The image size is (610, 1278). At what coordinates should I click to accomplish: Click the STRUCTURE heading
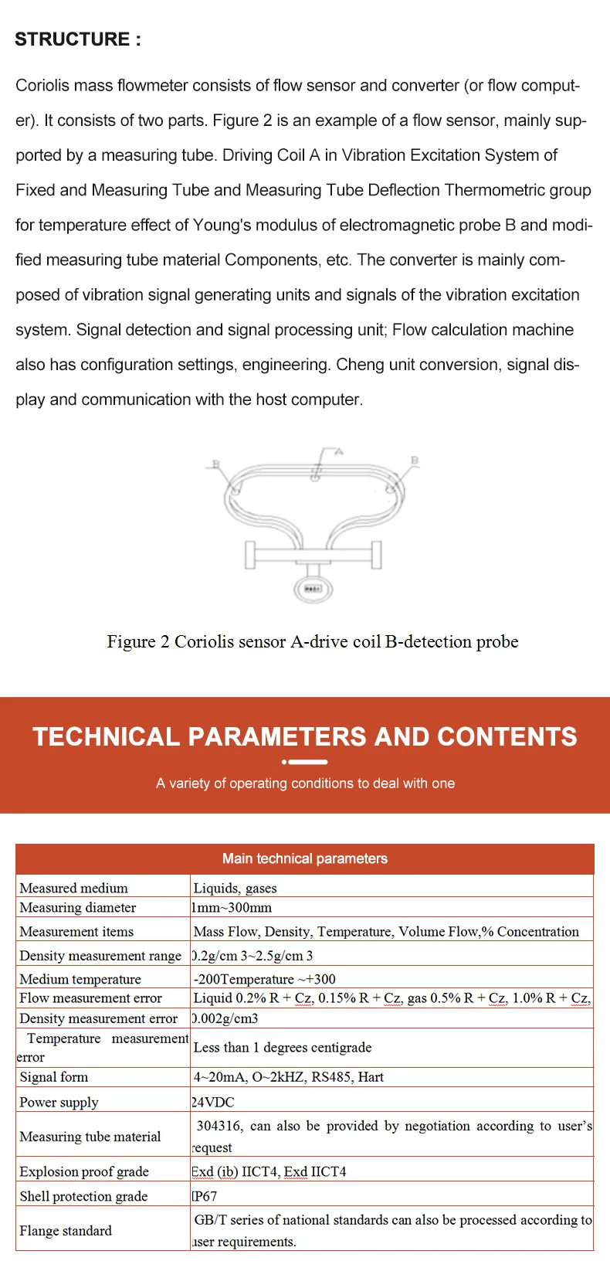(x=78, y=39)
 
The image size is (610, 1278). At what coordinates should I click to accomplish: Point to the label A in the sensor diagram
(x=338, y=452)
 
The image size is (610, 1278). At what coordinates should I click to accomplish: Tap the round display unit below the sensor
(x=313, y=589)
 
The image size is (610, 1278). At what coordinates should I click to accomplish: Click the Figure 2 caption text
(x=312, y=641)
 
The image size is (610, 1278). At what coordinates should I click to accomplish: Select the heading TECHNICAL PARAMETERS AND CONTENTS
(x=305, y=736)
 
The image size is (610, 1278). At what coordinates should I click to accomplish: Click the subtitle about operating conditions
(x=305, y=783)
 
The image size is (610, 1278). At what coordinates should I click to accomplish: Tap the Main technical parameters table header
(x=305, y=858)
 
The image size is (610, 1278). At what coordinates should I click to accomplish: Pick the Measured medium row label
(x=73, y=888)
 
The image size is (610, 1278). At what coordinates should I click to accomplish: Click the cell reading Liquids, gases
(x=235, y=888)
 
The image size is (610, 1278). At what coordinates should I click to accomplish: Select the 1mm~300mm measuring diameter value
(x=232, y=907)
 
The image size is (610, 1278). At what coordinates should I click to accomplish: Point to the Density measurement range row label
(x=100, y=955)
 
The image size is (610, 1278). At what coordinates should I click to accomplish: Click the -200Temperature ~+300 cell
(x=264, y=979)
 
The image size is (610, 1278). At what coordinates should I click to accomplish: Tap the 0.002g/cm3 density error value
(x=225, y=1018)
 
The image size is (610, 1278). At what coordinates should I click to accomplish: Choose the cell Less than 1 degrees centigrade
(x=283, y=1047)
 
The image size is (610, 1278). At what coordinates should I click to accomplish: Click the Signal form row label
(x=54, y=1076)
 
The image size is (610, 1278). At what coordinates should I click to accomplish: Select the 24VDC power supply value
(x=213, y=1102)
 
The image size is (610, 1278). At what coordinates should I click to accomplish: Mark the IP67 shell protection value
(x=205, y=1196)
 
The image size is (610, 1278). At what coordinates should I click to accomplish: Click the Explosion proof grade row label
(x=84, y=1171)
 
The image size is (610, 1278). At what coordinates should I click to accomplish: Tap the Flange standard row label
(x=66, y=1230)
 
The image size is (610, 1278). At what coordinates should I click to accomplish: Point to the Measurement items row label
(x=76, y=931)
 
